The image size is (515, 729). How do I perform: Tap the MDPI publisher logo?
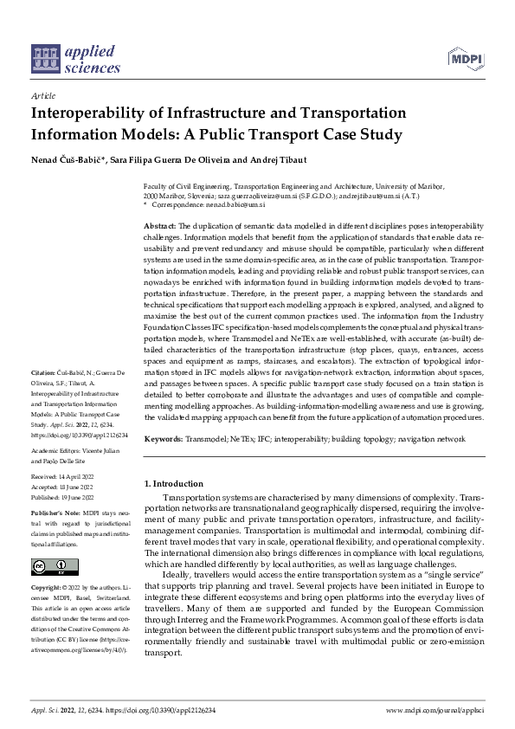tap(466, 58)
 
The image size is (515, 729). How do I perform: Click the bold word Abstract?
tap(159, 225)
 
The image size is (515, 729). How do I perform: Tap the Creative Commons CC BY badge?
tap(50, 567)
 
